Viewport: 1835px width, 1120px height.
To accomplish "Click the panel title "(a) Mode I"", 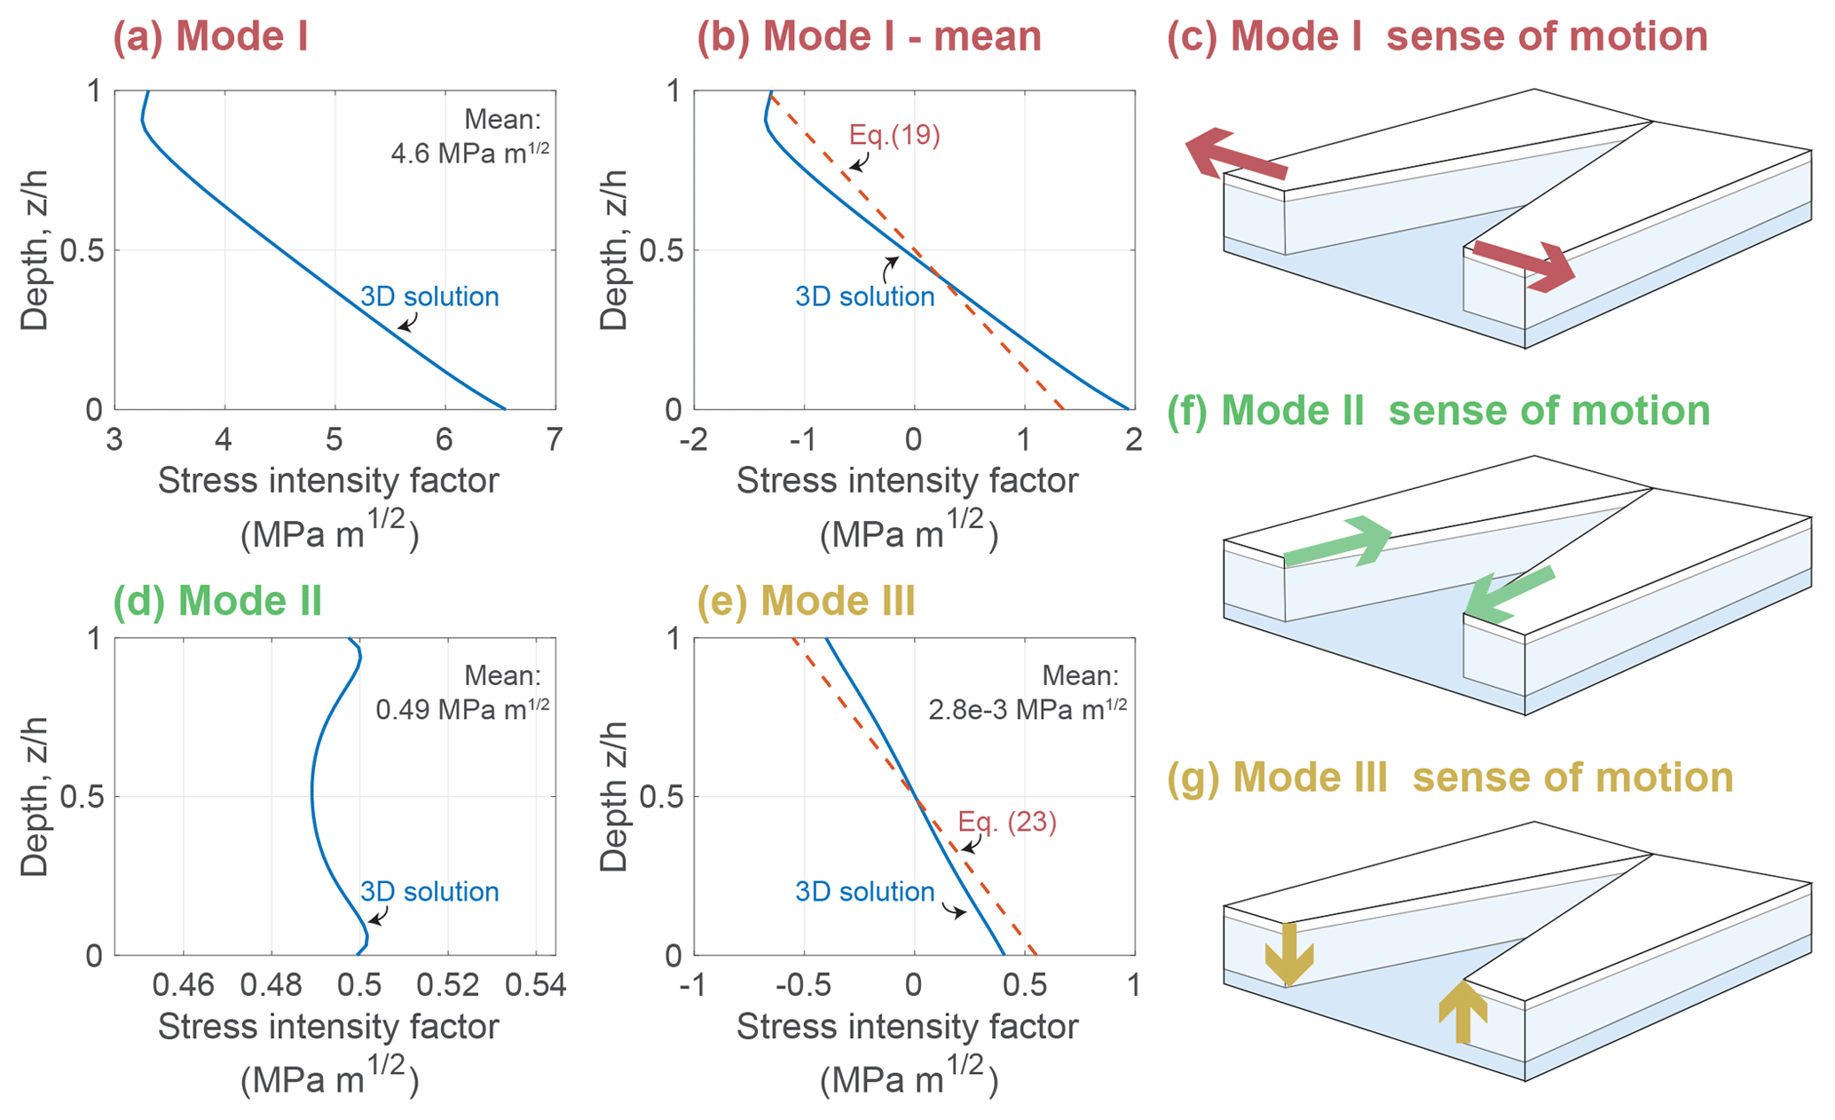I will click(210, 36).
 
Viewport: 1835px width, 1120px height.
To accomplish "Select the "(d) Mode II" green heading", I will click(217, 601).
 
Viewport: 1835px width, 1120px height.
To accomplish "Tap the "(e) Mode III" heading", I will click(806, 601).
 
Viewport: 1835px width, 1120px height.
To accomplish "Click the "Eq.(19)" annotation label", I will click(894, 135).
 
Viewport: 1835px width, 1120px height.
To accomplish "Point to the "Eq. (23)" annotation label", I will click(1007, 822).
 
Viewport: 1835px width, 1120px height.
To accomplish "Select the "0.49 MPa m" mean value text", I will click(461, 709).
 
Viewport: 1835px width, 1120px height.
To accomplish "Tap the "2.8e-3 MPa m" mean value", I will click(1028, 709).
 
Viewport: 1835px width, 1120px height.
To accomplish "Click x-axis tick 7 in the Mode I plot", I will click(555, 438).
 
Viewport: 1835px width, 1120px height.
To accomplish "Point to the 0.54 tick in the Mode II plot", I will click(536, 985).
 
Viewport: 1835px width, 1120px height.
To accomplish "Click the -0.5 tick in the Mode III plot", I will click(803, 985).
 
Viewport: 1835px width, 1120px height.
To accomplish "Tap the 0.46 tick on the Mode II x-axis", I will click(183, 985).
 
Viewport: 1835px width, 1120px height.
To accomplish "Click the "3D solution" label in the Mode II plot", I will click(429, 891).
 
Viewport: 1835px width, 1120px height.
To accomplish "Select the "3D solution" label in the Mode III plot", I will click(864, 891).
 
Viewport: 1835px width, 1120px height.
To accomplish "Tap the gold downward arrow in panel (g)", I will click(1288, 954).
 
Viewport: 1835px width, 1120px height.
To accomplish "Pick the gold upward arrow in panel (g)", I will click(1462, 1012).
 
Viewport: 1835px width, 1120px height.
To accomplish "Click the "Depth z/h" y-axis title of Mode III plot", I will click(614, 796).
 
